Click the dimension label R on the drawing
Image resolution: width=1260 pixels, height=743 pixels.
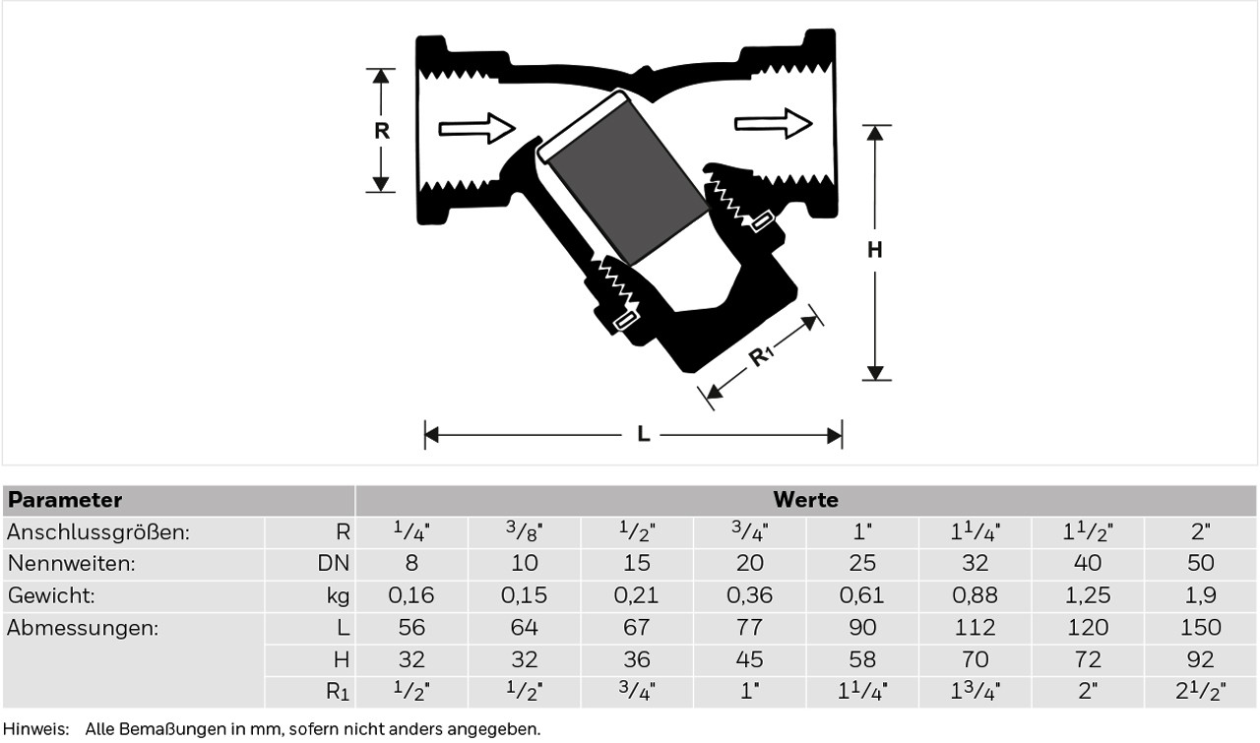pyautogui.click(x=382, y=130)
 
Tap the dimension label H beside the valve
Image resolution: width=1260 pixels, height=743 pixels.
pyautogui.click(x=874, y=250)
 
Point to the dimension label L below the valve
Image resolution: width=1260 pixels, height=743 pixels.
pyautogui.click(x=643, y=434)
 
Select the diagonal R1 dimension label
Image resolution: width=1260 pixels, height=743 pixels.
pyautogui.click(x=762, y=356)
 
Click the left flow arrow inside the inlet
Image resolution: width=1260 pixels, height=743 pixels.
pyautogui.click(x=476, y=128)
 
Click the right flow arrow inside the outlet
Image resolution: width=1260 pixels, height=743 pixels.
pyautogui.click(x=773, y=123)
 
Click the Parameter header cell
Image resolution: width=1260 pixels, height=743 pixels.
pyautogui.click(x=65, y=500)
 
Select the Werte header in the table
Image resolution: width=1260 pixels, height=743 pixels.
pyautogui.click(x=805, y=500)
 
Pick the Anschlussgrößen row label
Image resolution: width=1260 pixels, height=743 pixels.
pyautogui.click(x=98, y=532)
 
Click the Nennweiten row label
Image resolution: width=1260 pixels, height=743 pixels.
pyautogui.click(x=71, y=564)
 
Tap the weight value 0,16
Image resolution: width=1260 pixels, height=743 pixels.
pyautogui.click(x=411, y=595)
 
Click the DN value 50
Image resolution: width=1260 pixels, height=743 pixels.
pyautogui.click(x=1200, y=564)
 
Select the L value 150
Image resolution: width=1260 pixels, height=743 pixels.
pyautogui.click(x=1200, y=628)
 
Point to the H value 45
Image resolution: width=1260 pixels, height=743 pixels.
pyautogui.click(x=749, y=659)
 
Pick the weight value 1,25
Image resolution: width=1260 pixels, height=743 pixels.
pyautogui.click(x=1088, y=595)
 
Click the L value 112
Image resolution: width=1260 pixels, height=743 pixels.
pyautogui.click(x=975, y=628)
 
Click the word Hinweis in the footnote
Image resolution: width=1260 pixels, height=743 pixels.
pyautogui.click(x=34, y=729)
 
